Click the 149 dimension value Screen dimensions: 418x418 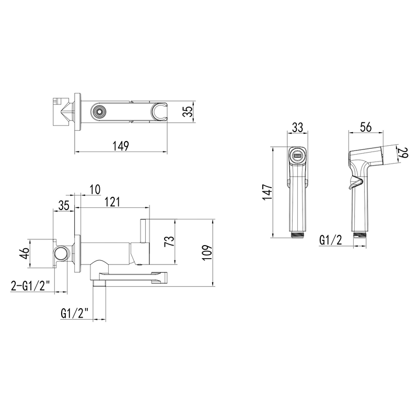121,146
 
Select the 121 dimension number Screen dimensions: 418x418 112,202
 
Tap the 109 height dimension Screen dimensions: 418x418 207,252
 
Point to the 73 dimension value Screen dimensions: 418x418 169,241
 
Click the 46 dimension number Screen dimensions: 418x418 24,253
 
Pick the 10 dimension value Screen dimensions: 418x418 95,190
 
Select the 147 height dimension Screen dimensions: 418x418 268,192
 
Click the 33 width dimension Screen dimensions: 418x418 297,127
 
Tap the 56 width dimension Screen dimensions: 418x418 366,127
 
